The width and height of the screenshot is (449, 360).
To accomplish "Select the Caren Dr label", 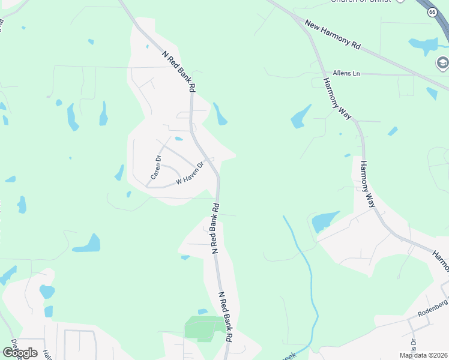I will (x=155, y=167).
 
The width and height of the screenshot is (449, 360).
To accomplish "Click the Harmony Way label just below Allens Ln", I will (x=337, y=98).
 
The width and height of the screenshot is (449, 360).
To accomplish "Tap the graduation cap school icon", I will (x=442, y=62).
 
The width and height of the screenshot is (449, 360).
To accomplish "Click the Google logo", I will (x=20, y=353).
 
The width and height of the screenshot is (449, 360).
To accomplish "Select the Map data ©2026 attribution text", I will (x=423, y=355).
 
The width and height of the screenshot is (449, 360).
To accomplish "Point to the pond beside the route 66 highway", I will (x=424, y=44).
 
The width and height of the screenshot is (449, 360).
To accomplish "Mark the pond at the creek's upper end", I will (x=325, y=221).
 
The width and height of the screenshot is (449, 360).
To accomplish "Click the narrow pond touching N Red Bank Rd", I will (x=220, y=114).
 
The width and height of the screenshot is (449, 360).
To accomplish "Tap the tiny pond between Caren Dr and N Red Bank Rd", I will (x=179, y=139).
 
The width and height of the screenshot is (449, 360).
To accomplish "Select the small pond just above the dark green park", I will (x=202, y=311).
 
